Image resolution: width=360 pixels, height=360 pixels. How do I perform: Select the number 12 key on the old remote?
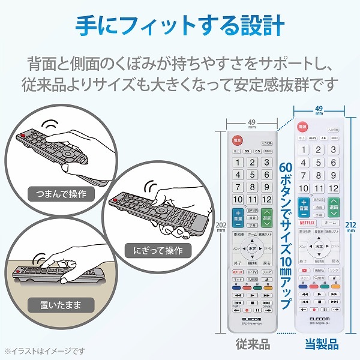267,199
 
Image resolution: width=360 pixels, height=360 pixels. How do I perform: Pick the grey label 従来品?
252,346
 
